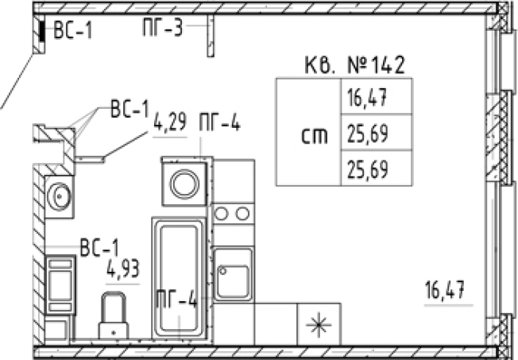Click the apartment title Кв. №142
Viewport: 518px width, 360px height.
[354, 65]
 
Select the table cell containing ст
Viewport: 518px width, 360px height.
[309, 132]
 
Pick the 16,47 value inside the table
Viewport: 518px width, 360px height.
[367, 98]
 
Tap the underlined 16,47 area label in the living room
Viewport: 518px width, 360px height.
[445, 289]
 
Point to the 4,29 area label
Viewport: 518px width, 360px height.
[170, 122]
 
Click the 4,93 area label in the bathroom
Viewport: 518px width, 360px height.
[123, 269]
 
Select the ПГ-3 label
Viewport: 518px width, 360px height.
[163, 27]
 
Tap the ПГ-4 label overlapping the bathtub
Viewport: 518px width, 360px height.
[176, 300]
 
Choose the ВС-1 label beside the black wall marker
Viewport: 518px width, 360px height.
[72, 30]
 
